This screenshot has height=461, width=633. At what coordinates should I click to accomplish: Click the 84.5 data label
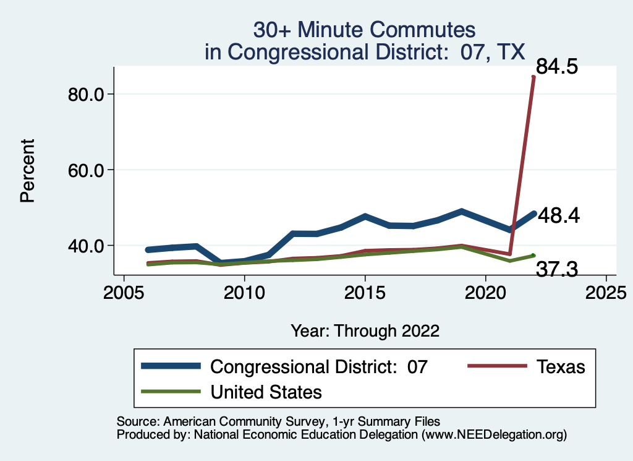pyautogui.click(x=557, y=66)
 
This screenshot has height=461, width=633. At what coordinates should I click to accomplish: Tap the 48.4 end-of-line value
pyautogui.click(x=558, y=215)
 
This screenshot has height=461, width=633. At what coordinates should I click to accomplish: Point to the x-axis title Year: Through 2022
pyautogui.click(x=365, y=330)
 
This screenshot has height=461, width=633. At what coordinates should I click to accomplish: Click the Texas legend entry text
pyautogui.click(x=559, y=366)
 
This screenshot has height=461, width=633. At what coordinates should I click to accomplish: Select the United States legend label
pyautogui.click(x=266, y=392)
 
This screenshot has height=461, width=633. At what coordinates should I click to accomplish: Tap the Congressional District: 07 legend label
pyautogui.click(x=318, y=366)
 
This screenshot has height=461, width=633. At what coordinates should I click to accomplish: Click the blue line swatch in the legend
pyautogui.click(x=171, y=366)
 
